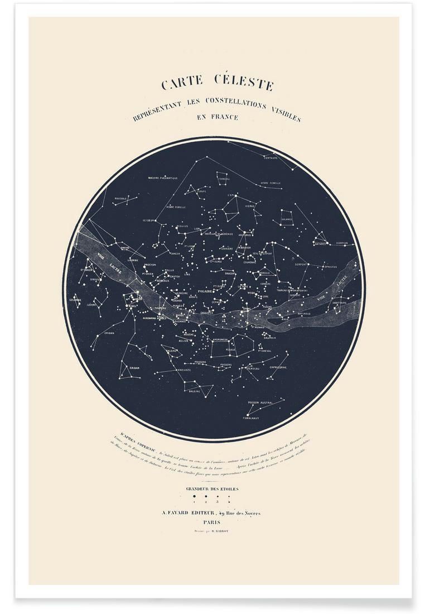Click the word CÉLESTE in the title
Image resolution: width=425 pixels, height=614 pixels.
point(244,84)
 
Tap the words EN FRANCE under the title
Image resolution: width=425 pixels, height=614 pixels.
point(217,117)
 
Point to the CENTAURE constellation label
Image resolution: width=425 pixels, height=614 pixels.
point(271,158)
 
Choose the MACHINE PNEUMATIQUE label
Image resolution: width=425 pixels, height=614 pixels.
point(162,178)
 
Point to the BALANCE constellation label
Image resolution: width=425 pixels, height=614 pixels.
point(287,219)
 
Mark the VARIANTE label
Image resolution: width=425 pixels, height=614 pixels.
point(184,370)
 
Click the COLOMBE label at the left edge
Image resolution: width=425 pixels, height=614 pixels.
point(75,300)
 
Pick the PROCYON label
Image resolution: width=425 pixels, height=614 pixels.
point(150,265)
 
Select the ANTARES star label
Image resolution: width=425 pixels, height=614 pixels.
point(320,243)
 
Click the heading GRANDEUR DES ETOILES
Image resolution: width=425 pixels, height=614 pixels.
point(212,489)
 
